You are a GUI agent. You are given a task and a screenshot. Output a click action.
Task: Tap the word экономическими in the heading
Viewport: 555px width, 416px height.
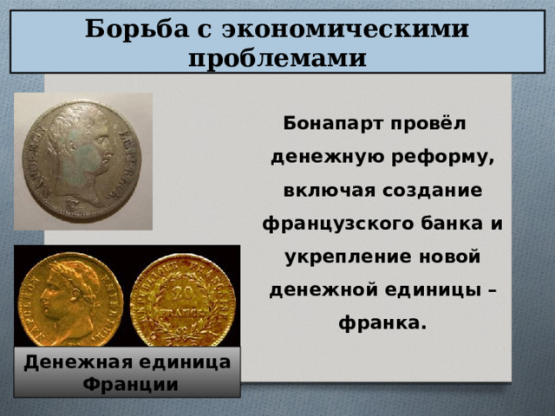tap(345, 29)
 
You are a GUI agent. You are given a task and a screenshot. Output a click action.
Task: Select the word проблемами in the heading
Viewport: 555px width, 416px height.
tap(277, 57)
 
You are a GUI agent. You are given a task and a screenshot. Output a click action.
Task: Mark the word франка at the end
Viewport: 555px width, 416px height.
tap(381, 322)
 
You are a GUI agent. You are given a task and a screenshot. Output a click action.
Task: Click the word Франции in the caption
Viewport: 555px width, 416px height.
tap(127, 383)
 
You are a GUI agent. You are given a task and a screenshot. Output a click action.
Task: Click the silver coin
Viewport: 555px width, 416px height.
tap(82, 162)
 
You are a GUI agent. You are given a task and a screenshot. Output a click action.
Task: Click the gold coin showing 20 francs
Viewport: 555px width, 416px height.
tap(183, 298)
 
